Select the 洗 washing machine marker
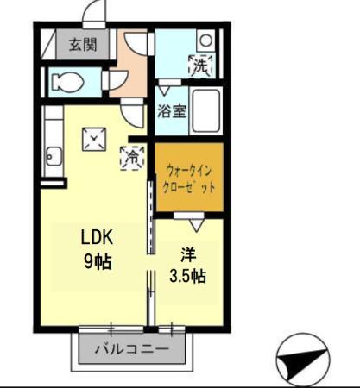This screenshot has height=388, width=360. (200, 64)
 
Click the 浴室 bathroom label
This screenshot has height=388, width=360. (171, 110)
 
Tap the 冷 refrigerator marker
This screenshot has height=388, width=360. (133, 158)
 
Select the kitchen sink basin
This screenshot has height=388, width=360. (53, 156)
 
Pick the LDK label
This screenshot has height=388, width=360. (98, 238)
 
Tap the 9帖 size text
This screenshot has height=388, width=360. (98, 260)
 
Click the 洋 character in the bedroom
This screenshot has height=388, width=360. (187, 254)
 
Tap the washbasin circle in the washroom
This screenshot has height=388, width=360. (205, 39)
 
